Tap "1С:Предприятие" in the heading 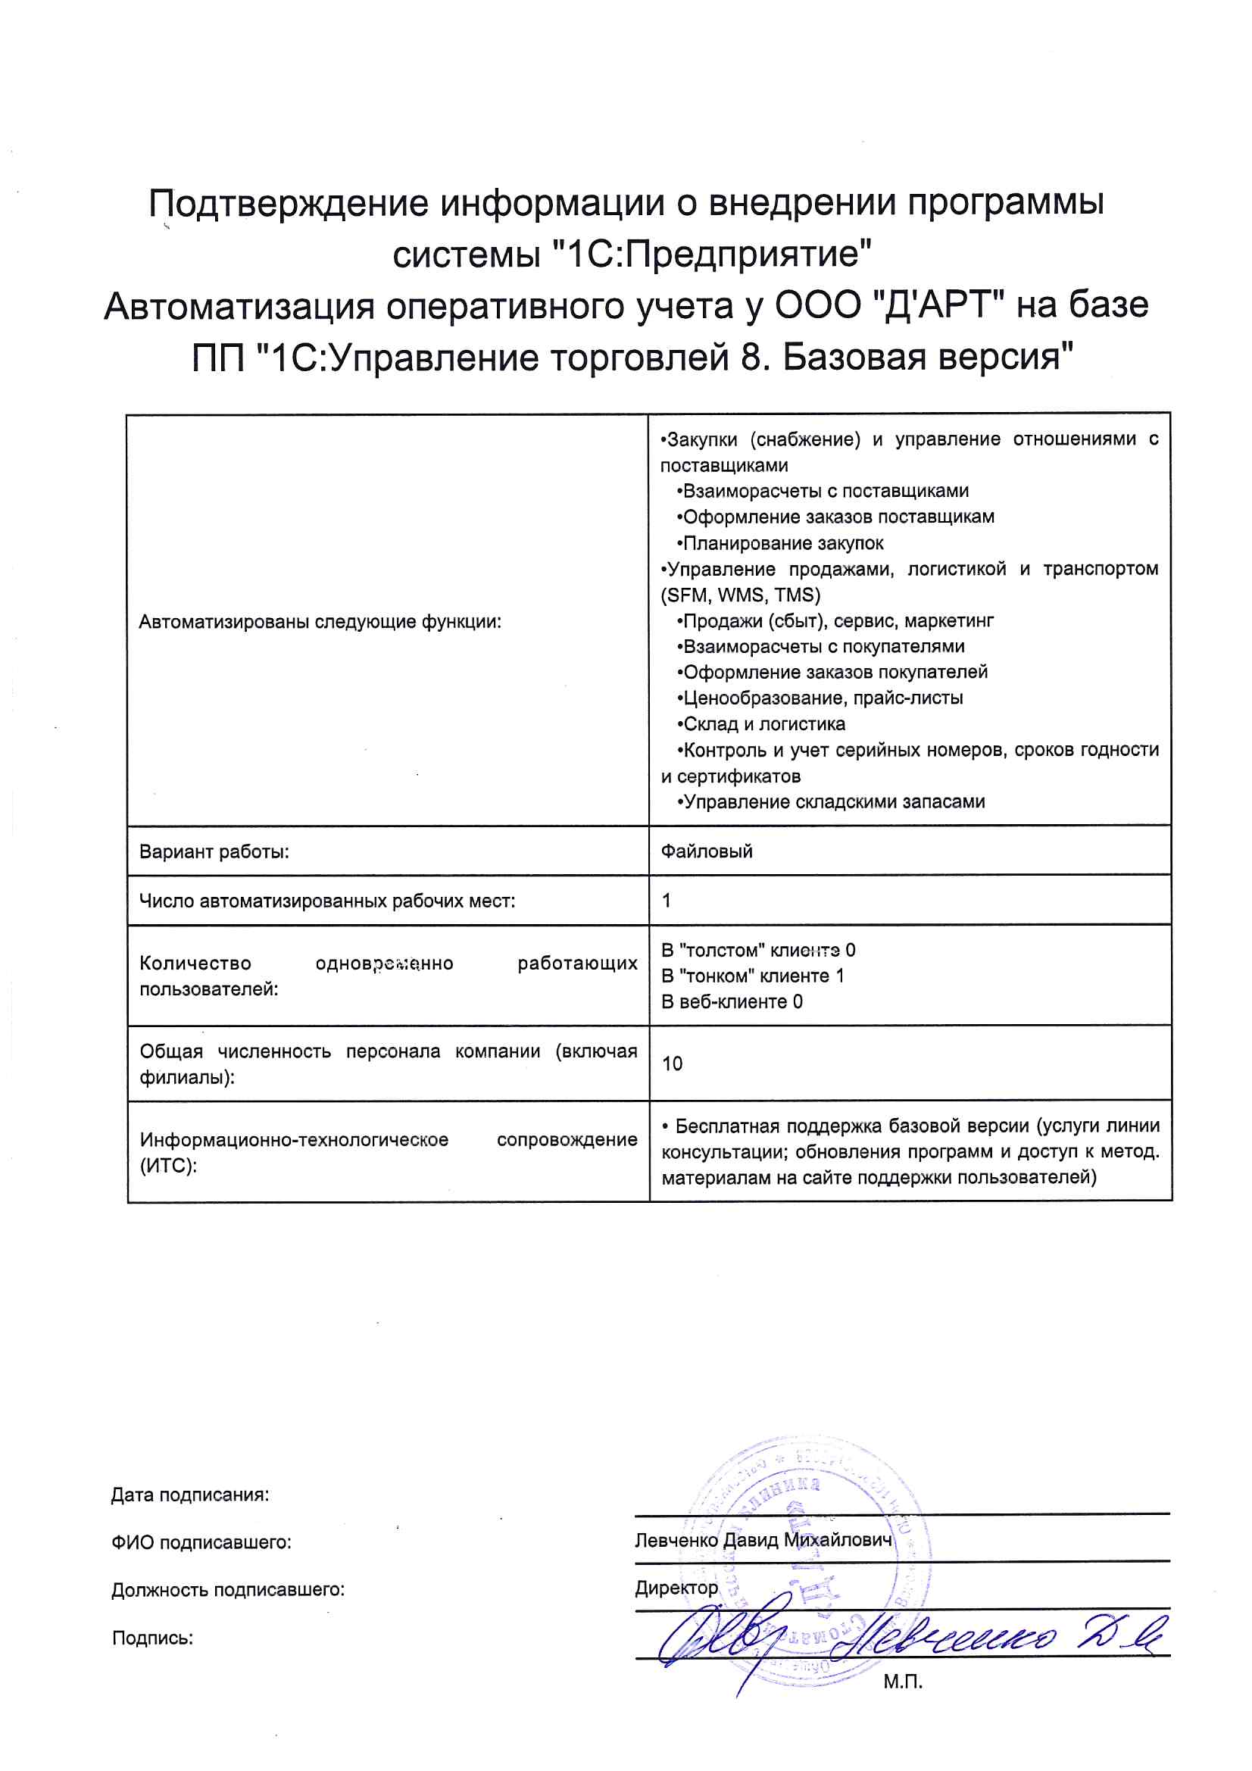713,255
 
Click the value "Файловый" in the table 707,851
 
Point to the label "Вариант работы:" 214,852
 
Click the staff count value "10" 672,1064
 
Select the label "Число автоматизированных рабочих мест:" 327,901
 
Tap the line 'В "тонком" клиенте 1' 753,976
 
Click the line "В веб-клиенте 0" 732,1002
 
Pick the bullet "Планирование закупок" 781,543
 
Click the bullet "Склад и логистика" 761,724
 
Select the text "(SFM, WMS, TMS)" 741,595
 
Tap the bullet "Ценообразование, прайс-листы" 821,698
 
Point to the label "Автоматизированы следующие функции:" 320,622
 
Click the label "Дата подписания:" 190,1495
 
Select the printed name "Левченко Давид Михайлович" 762,1541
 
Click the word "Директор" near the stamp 676,1588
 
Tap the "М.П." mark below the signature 903,1682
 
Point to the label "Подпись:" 153,1638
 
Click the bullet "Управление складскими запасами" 832,802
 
